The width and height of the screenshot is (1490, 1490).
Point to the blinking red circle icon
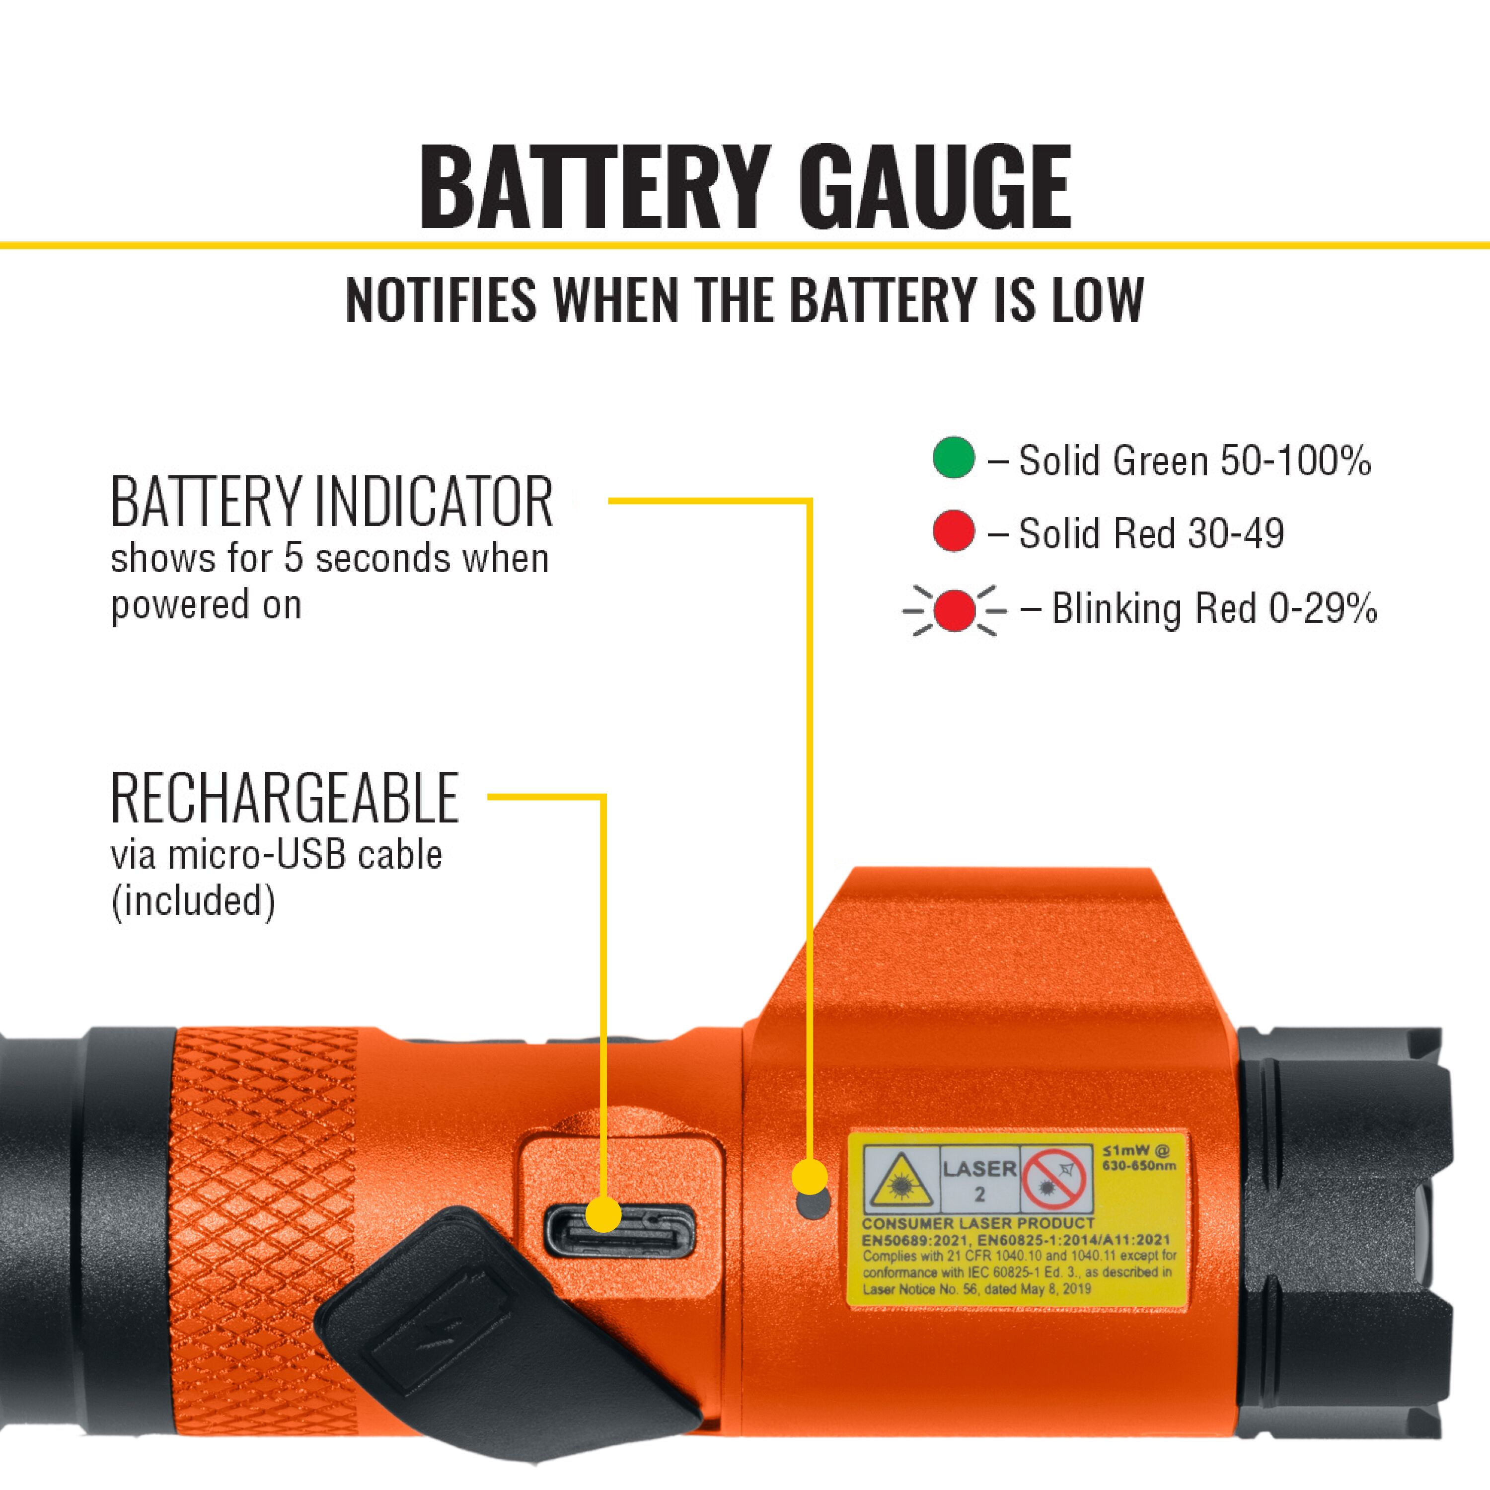[954, 610]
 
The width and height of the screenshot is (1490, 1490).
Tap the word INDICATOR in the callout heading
[434, 502]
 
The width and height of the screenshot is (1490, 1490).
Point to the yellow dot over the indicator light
[809, 1178]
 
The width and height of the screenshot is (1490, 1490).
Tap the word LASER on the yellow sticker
[979, 1169]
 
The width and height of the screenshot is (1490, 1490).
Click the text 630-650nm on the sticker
[1139, 1165]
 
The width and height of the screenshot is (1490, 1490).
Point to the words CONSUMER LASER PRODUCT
[978, 1223]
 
